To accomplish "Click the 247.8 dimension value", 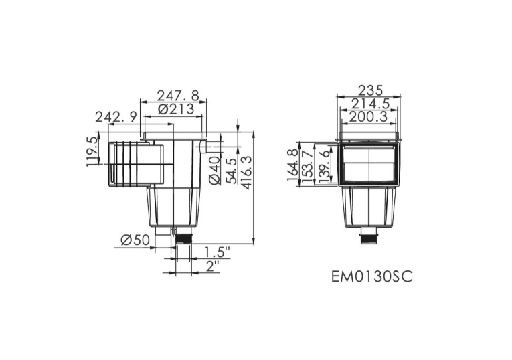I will [177, 95].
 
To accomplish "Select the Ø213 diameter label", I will [177, 108].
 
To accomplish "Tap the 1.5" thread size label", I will [218, 253].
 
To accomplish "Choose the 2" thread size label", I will [214, 268].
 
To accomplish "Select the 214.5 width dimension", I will [370, 104].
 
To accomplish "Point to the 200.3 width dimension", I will [370, 117].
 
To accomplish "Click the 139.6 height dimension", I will [325, 165].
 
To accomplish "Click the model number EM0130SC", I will [372, 276].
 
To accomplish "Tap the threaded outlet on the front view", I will [369, 237].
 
